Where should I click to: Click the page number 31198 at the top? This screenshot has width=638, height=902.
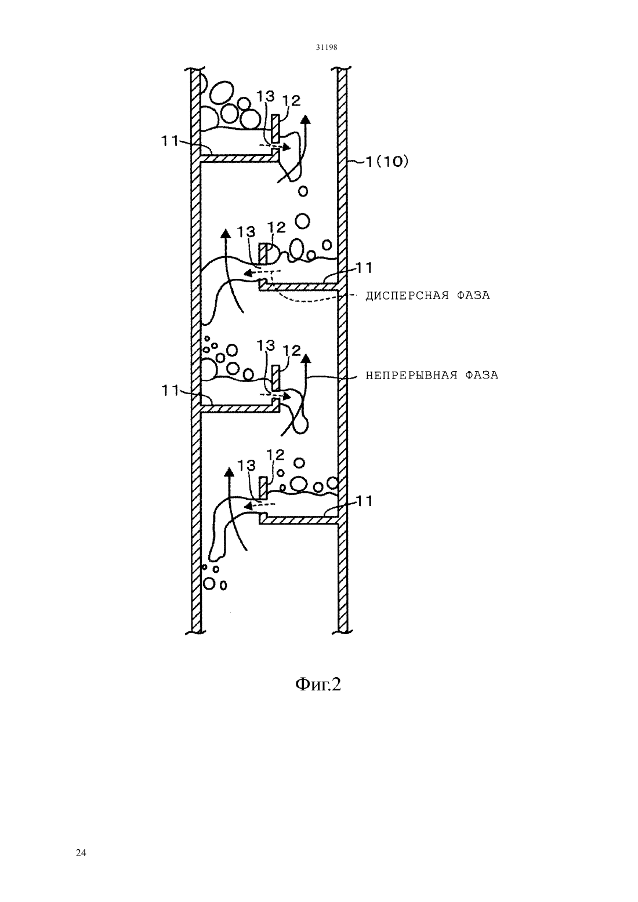(x=326, y=47)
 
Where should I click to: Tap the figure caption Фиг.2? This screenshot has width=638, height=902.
(x=318, y=683)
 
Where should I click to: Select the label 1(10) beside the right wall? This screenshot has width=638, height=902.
(x=386, y=162)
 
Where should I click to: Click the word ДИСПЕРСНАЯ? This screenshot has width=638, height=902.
(x=407, y=296)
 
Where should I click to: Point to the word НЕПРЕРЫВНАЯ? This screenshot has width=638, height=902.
(x=411, y=376)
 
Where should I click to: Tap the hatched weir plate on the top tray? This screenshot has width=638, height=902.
(x=275, y=129)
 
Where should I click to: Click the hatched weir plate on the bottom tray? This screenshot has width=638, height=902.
(x=263, y=488)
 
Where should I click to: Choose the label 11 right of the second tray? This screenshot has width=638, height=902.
(x=364, y=268)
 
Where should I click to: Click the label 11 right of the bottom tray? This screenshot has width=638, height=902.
(x=364, y=501)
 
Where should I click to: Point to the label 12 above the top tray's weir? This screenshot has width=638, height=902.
(x=291, y=101)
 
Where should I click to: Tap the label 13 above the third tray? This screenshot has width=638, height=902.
(x=266, y=345)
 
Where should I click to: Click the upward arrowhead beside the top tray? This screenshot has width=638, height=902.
(x=306, y=120)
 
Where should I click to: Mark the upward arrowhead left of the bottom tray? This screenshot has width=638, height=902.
(x=229, y=473)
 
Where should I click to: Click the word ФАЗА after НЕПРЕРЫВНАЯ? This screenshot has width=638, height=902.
(x=482, y=376)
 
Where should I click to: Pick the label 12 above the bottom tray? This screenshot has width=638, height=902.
(x=275, y=455)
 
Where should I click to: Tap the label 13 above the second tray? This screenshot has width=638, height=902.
(x=246, y=232)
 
